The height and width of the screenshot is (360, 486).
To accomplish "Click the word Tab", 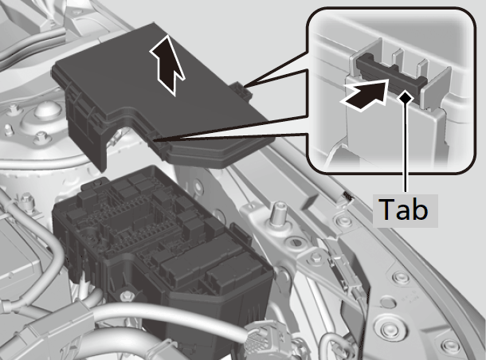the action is tap(404, 209).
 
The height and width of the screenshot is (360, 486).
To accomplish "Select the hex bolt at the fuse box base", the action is tap(127, 296).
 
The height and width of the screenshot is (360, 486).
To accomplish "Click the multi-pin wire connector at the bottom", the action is tap(263, 338).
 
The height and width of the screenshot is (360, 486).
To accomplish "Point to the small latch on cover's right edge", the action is tap(242, 90).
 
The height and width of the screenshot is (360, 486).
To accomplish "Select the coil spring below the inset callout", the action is tap(347, 197).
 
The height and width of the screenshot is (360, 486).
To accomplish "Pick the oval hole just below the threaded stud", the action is tap(292, 242).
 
